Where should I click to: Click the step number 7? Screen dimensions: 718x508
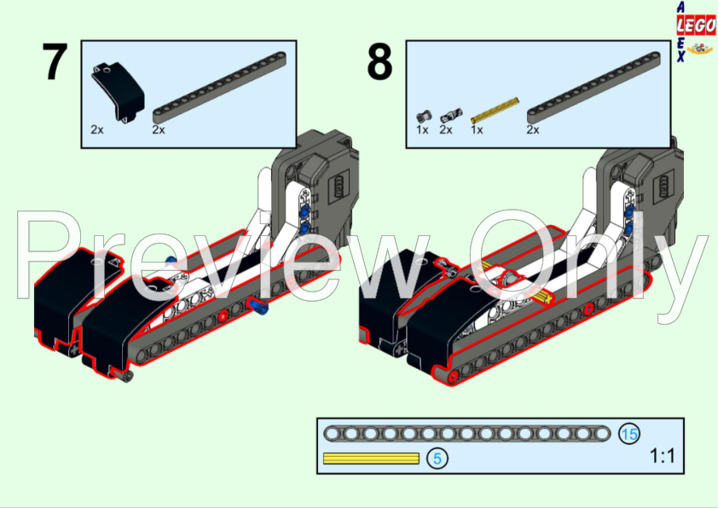point(55,61)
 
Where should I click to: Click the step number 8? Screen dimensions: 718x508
point(379,61)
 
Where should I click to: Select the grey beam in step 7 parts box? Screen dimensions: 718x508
point(219,88)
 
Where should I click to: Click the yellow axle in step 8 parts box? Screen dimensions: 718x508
point(495,110)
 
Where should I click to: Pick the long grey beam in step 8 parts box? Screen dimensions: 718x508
point(594,88)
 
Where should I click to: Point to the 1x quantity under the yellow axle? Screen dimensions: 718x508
point(477,130)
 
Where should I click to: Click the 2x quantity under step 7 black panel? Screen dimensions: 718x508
point(97,130)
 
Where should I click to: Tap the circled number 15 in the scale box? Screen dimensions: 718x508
point(629,434)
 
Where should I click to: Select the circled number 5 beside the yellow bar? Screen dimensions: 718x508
point(437,458)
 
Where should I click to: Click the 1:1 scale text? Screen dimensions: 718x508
point(662,456)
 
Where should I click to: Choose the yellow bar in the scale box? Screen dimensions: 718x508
point(371,459)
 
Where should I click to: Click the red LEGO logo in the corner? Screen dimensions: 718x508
point(697,26)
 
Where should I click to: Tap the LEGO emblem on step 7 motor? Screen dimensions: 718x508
point(339,185)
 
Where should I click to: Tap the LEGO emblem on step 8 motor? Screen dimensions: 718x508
point(664,185)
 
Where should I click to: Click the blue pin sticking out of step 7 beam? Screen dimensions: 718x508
point(258,306)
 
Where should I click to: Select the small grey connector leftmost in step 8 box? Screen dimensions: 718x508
point(424,116)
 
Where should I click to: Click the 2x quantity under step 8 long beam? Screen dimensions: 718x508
point(533,130)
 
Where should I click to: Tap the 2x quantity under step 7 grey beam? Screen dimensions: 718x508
point(159,130)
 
